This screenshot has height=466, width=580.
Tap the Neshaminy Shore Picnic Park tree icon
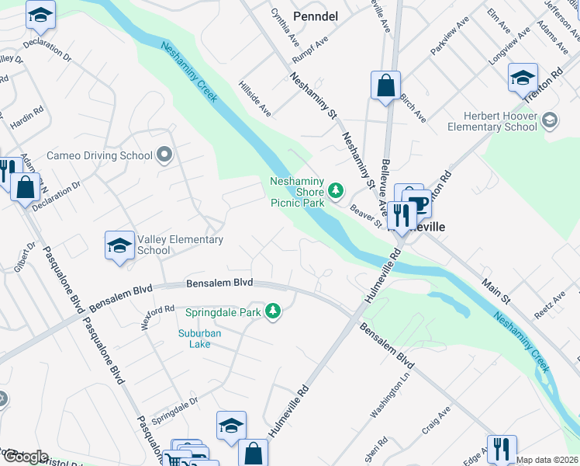(x=336, y=190)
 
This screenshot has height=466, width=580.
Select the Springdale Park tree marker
(x=273, y=311)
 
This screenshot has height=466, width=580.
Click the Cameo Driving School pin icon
(x=164, y=155)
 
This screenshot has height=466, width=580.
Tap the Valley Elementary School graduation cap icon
(x=119, y=247)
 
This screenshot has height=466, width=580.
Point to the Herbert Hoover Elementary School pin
(x=550, y=120)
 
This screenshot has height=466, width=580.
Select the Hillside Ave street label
(x=255, y=99)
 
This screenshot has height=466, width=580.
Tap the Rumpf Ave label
(x=307, y=51)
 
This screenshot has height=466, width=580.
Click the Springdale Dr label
(x=174, y=407)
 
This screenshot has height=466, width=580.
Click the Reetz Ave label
(x=550, y=306)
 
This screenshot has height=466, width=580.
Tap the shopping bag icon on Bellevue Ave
(x=385, y=85)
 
